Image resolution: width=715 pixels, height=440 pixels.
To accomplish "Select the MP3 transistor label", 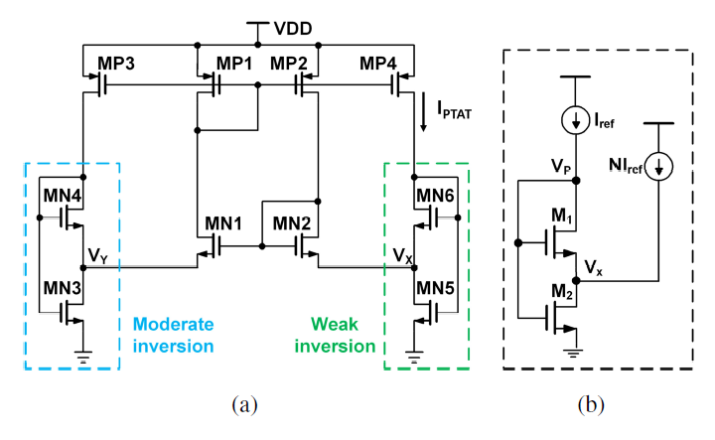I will [x=116, y=64].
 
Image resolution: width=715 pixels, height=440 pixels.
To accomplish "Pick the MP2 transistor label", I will [x=290, y=64].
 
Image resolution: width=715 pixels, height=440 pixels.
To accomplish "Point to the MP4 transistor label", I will [x=379, y=64].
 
